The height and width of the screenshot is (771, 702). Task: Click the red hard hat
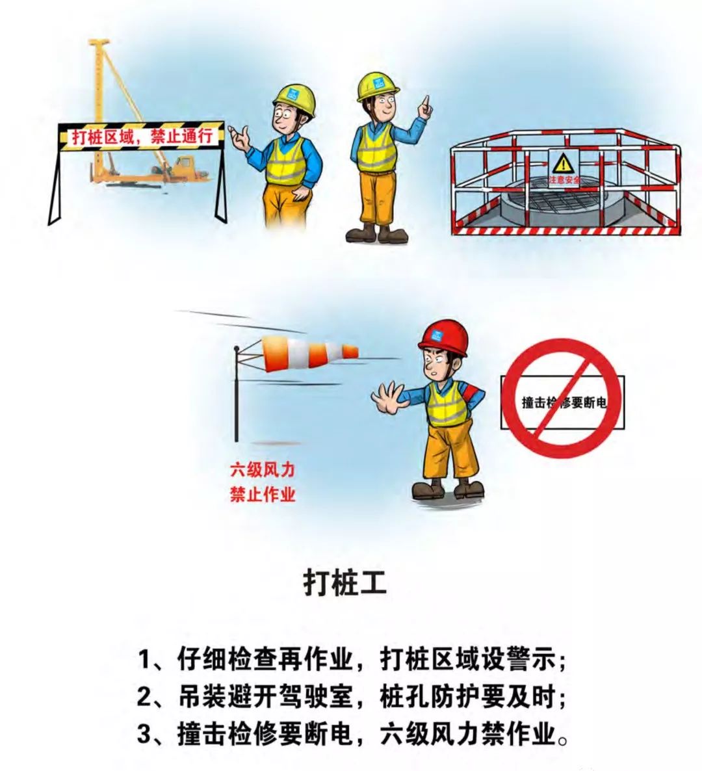pyautogui.click(x=443, y=337)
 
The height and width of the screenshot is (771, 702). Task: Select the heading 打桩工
pyautogui.click(x=344, y=582)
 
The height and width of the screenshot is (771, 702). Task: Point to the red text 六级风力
pyautogui.click(x=263, y=469)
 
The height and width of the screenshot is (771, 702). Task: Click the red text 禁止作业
pyautogui.click(x=263, y=494)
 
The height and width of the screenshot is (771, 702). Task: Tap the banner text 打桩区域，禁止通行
pyautogui.click(x=142, y=137)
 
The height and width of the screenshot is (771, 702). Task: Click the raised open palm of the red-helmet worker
pyautogui.click(x=389, y=397)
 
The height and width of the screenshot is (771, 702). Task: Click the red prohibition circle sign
pyautogui.click(x=562, y=398)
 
